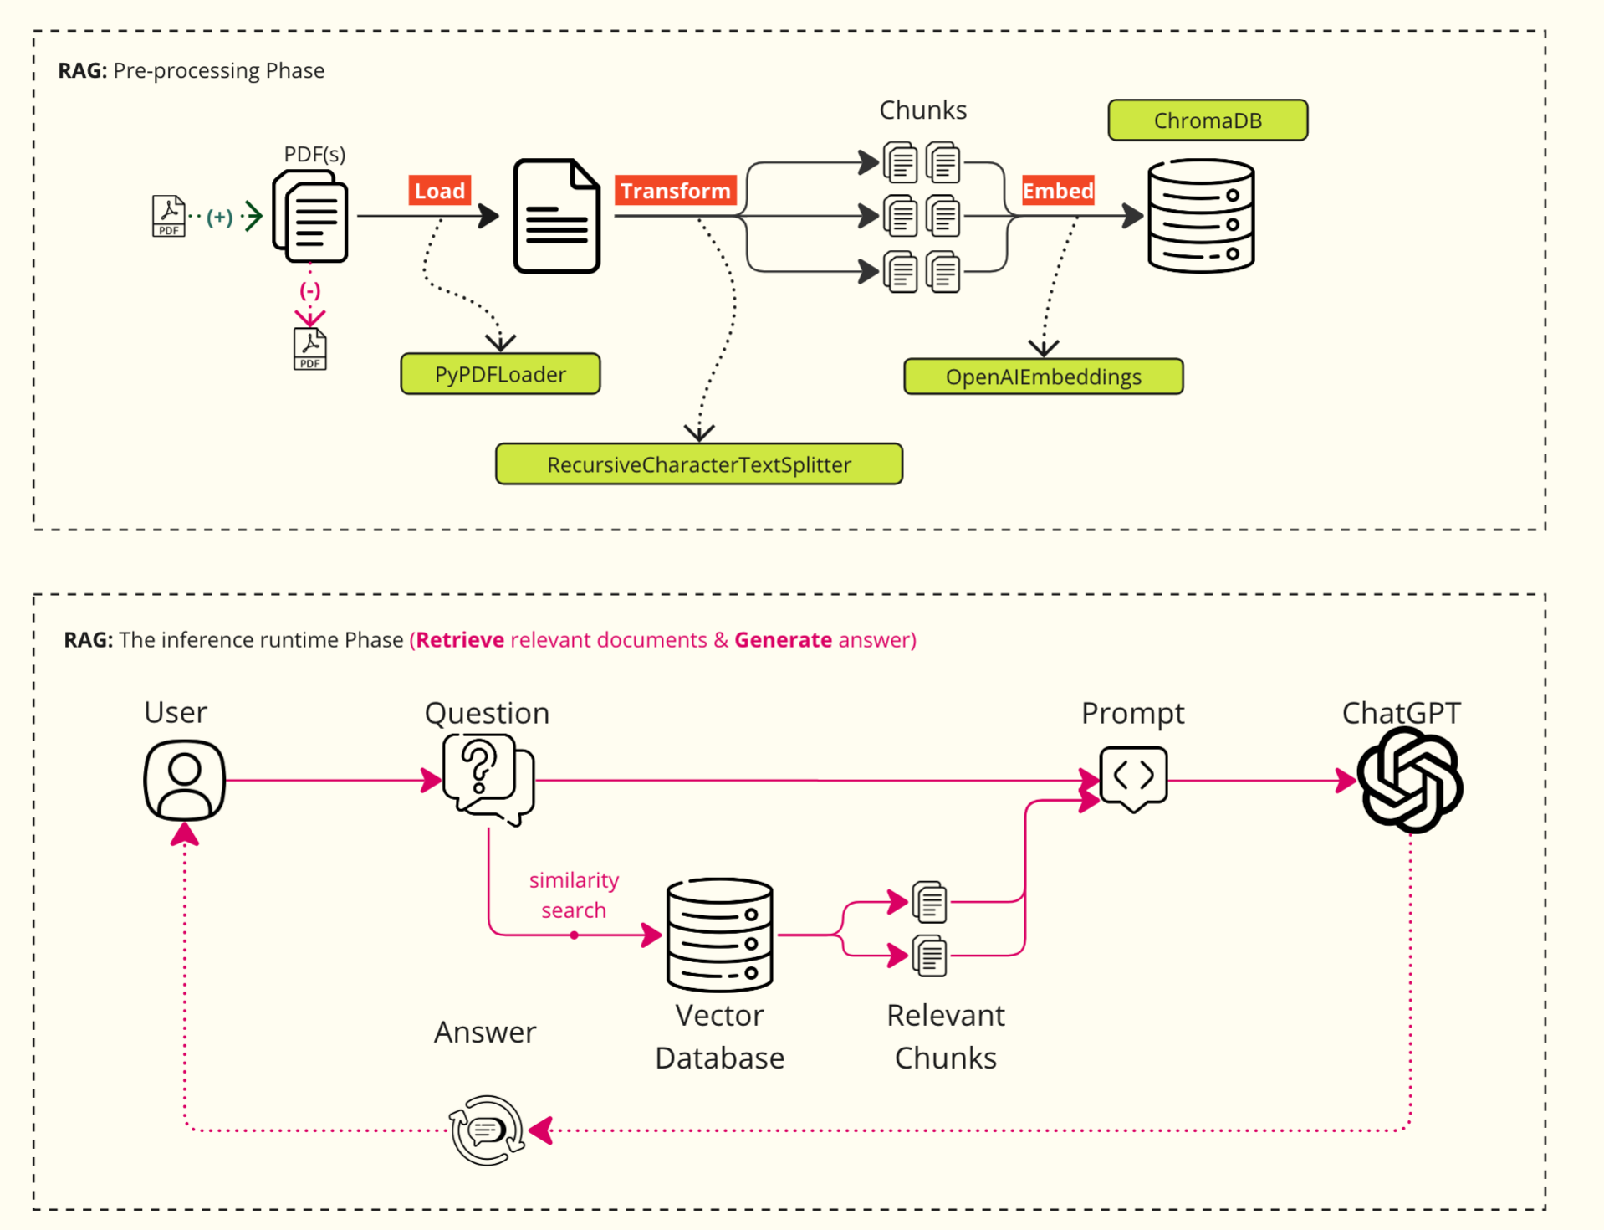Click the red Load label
tap(440, 191)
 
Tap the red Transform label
tap(676, 191)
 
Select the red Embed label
tap(1058, 191)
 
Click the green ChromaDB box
tap(1208, 120)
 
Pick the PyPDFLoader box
tap(500, 374)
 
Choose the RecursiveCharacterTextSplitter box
tap(699, 464)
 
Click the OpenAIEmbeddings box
tap(1044, 377)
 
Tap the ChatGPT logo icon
tap(1410, 780)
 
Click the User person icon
tap(185, 780)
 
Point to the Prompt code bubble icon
tap(1134, 779)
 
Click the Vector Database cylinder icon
tap(720, 935)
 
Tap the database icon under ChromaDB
tap(1201, 216)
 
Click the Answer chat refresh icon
tap(487, 1130)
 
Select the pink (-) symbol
tap(310, 291)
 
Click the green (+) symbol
tap(220, 217)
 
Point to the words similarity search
tap(574, 895)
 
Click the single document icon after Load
tap(557, 216)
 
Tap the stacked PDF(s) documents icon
tap(310, 216)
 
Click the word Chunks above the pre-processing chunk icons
tap(923, 110)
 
